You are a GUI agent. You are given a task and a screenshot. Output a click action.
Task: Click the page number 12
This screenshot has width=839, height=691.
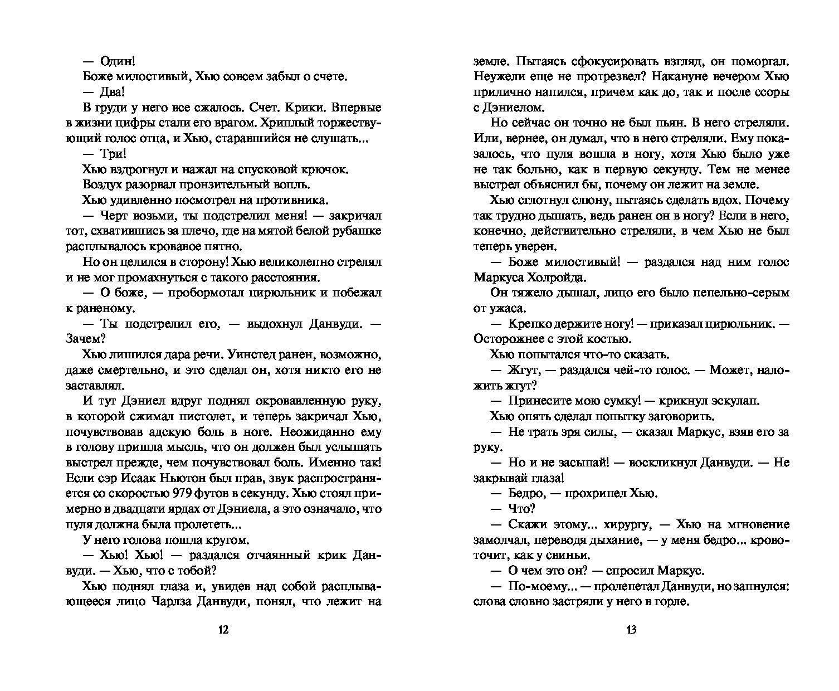(x=223, y=630)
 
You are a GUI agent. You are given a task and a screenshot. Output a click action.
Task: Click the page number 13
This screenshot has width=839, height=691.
(x=631, y=630)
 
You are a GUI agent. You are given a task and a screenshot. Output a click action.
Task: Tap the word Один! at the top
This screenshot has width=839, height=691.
(x=118, y=62)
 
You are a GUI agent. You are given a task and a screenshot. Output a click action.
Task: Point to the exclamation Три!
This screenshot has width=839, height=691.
(x=113, y=154)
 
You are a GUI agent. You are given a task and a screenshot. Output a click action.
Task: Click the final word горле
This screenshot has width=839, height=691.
(x=672, y=602)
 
